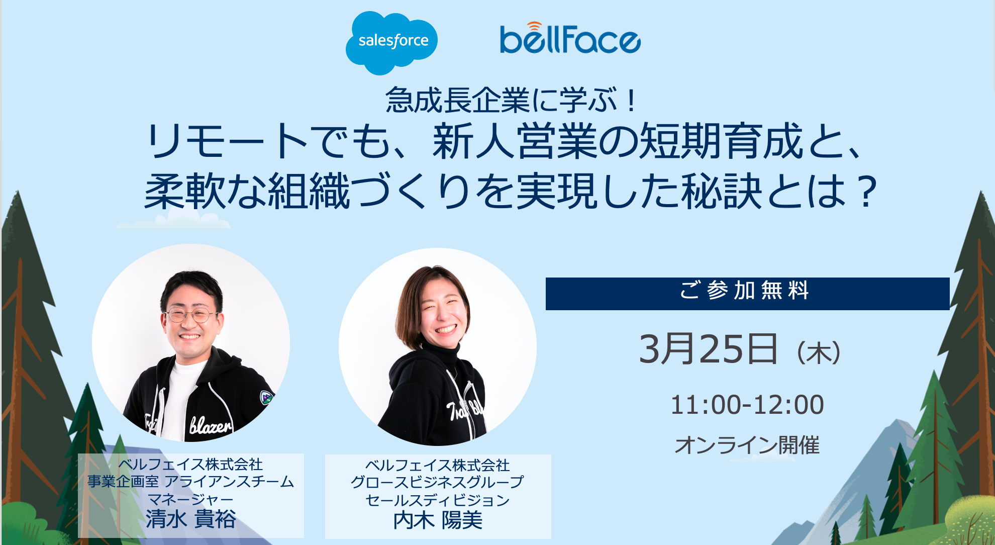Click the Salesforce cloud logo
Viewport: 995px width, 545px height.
pyautogui.click(x=391, y=42)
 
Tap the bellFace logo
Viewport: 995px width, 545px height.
pyautogui.click(x=570, y=38)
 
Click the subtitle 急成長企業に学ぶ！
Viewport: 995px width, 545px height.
pyautogui.click(x=512, y=100)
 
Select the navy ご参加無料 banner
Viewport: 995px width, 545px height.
pyautogui.click(x=747, y=294)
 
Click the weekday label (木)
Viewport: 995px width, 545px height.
pyautogui.click(x=819, y=352)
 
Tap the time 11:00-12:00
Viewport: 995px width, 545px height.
pyautogui.click(x=747, y=405)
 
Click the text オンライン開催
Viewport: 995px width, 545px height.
pyautogui.click(x=747, y=445)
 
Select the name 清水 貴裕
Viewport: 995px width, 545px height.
pyautogui.click(x=191, y=519)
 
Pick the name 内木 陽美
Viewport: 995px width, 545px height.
pyautogui.click(x=438, y=520)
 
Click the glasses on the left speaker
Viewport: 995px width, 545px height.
pyautogui.click(x=190, y=315)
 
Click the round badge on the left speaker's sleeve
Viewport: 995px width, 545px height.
pyautogui.click(x=266, y=398)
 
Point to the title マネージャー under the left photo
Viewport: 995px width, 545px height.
pyautogui.click(x=191, y=499)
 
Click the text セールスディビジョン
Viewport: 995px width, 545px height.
pyautogui.click(x=438, y=500)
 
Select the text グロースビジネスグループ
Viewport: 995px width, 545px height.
pyautogui.click(x=438, y=482)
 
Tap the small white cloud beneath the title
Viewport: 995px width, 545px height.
pyautogui.click(x=173, y=219)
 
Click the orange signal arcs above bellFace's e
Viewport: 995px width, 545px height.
pyautogui.click(x=535, y=26)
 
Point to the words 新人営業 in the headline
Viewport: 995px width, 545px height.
pyautogui.click(x=516, y=142)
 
